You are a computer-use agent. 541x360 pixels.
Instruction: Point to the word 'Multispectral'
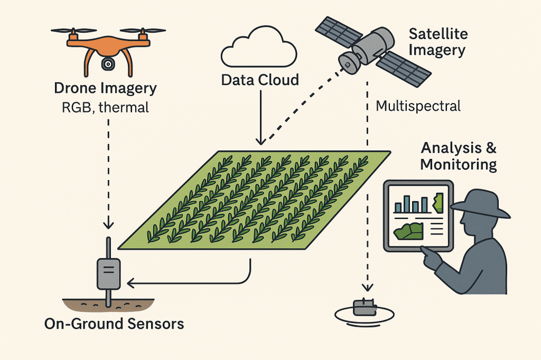coord(418,106)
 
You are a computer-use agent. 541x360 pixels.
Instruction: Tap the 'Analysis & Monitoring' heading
coord(458,156)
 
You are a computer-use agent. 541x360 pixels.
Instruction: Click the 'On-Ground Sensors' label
coord(114,323)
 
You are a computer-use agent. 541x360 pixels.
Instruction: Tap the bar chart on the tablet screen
coord(413,204)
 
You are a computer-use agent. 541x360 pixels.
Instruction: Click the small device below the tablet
coord(365,307)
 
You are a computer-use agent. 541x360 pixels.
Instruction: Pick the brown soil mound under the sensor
coord(108,305)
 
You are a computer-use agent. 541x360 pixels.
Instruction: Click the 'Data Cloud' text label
coord(260,80)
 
